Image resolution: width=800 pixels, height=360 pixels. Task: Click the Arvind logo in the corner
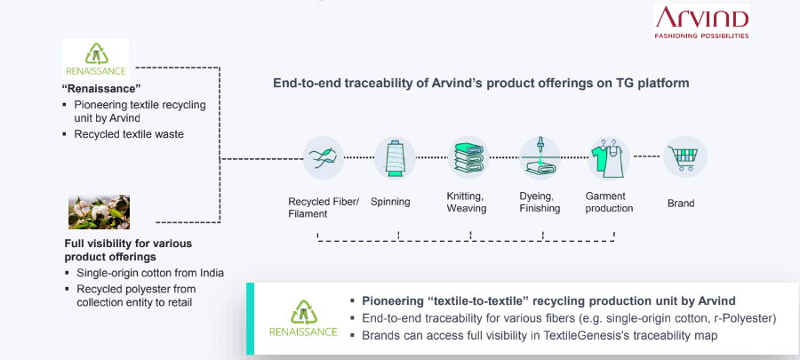pos(701,22)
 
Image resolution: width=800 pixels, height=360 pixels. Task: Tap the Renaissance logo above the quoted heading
pos(95,60)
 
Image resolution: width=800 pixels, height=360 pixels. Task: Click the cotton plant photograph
pos(99,212)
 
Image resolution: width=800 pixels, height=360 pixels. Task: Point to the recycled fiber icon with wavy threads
pos(323,157)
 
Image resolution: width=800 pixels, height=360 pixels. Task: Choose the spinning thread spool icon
pos(395,157)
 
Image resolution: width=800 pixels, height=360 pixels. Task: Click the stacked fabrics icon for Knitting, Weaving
pos(468,157)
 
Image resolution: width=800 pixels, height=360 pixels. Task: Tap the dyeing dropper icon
pos(540,157)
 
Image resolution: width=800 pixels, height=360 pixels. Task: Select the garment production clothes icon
pos(608,157)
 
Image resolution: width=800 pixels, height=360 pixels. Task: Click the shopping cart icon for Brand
pos(685,156)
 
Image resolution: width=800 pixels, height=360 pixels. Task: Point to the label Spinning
pos(390,202)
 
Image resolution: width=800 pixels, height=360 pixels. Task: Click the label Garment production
pos(609,203)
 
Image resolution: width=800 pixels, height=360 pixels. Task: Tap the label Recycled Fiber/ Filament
pos(324,207)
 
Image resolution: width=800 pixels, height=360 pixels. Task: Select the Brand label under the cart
pos(681,204)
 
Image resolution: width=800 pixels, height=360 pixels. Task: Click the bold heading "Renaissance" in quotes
pos(101,89)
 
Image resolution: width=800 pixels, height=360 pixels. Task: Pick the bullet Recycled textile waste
pos(129,134)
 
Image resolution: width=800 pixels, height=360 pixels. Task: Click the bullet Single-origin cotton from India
pos(150,273)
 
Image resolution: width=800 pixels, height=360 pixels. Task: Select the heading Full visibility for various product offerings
pos(128,250)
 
